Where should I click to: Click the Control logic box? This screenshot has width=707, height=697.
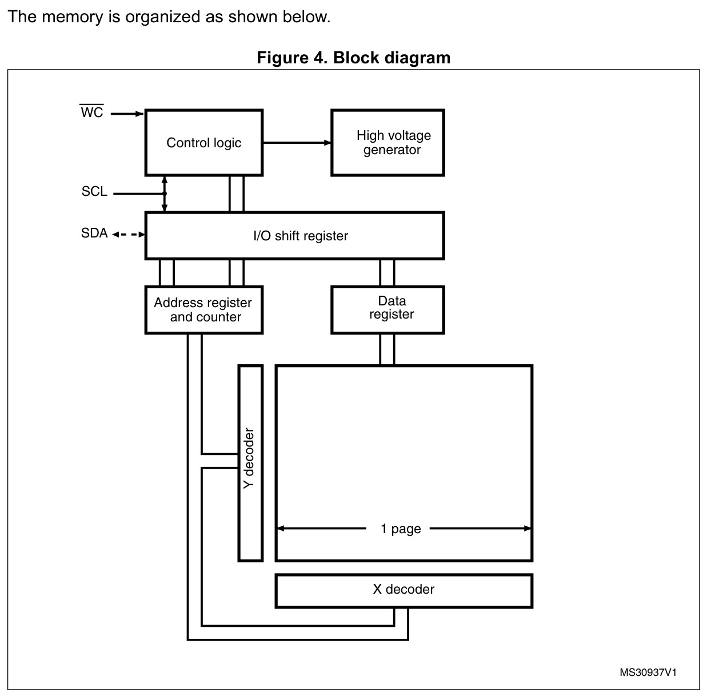(204, 143)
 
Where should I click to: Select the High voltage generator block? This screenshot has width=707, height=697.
(388, 143)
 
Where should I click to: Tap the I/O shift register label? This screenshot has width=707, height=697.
(301, 236)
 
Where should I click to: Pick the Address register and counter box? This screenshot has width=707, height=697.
(204, 309)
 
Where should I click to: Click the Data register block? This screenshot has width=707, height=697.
(388, 309)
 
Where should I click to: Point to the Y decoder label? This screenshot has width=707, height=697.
(249, 458)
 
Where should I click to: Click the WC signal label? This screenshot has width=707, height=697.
(91, 111)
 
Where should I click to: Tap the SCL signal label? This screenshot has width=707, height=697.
(94, 191)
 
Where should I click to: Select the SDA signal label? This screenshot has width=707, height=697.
(94, 233)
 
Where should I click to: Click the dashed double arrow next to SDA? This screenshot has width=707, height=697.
(129, 235)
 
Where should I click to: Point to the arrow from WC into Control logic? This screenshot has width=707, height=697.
(127, 114)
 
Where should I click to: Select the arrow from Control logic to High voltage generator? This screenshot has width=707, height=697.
(297, 143)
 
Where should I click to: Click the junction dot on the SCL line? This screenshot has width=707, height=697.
(165, 194)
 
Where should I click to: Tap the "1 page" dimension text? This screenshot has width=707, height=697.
(401, 529)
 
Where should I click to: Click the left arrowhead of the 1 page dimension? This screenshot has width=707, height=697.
(280, 529)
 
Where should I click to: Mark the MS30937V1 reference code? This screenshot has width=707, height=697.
(648, 672)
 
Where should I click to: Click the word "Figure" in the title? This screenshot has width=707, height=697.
(282, 58)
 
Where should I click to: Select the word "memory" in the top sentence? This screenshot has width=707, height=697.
(73, 17)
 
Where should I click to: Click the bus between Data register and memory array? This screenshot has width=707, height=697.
(387, 349)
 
